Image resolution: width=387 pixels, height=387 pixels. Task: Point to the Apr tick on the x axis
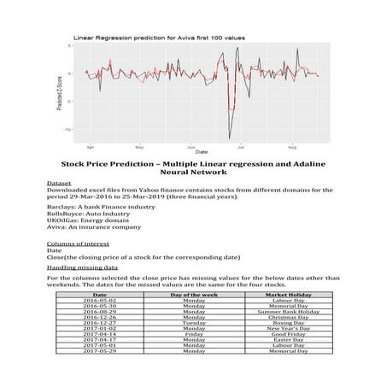[91, 146]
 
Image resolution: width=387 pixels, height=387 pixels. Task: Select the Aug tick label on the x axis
[292, 146]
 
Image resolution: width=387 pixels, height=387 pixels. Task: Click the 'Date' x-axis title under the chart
[199, 152]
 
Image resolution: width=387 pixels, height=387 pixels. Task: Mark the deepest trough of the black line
[229, 138]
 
